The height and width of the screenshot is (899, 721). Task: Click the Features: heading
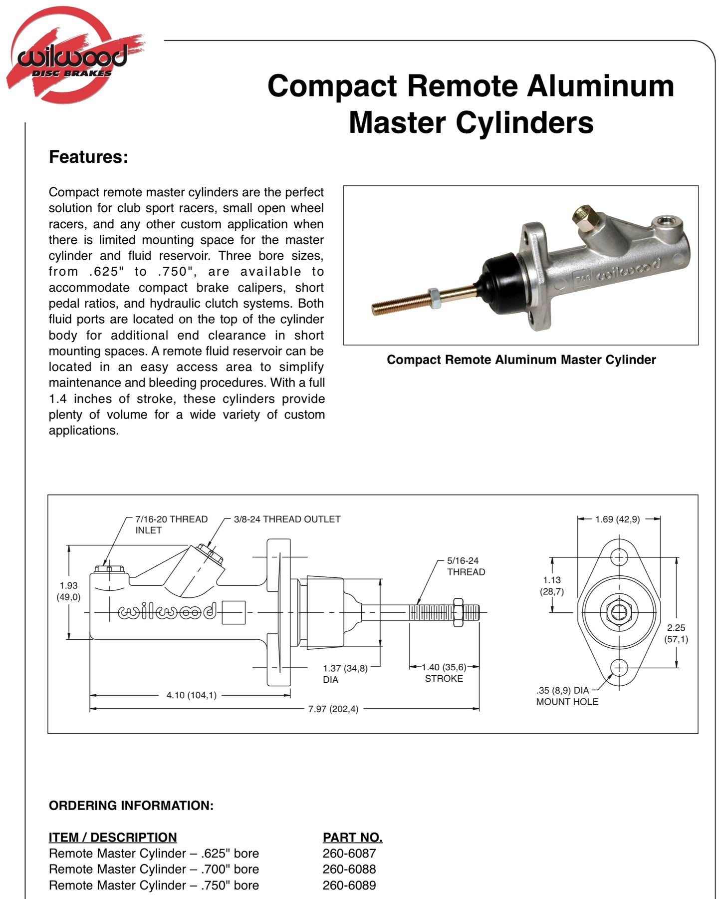(x=88, y=157)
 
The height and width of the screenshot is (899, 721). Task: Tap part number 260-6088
(x=349, y=869)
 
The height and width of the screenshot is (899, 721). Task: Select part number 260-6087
(x=349, y=853)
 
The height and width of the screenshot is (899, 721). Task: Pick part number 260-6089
(x=349, y=885)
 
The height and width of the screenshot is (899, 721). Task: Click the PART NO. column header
(x=352, y=837)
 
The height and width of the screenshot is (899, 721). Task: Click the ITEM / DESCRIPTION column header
(x=113, y=837)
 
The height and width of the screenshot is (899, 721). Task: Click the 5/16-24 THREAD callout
(x=466, y=566)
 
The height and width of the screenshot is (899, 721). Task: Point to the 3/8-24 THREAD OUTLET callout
(x=287, y=519)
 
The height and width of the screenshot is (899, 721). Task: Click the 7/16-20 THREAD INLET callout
(x=171, y=524)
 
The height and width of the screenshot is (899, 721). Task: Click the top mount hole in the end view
(x=619, y=557)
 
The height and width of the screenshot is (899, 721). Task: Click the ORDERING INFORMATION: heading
(x=131, y=806)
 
